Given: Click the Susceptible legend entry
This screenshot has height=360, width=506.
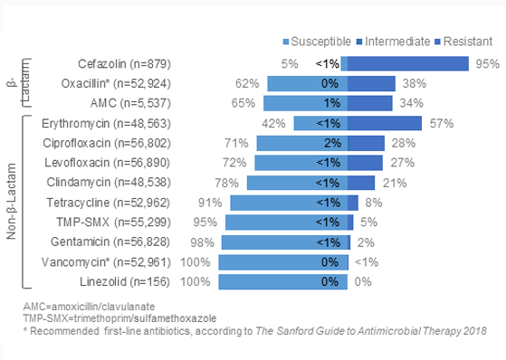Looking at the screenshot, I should click(316, 42).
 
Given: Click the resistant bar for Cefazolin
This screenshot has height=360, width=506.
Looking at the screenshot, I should click(406, 63).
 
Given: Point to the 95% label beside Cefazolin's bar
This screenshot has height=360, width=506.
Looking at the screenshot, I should click(488, 63).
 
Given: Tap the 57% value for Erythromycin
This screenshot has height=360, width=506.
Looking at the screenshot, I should click(442, 123).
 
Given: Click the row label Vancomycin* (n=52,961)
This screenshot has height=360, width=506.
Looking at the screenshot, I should click(119, 262).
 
